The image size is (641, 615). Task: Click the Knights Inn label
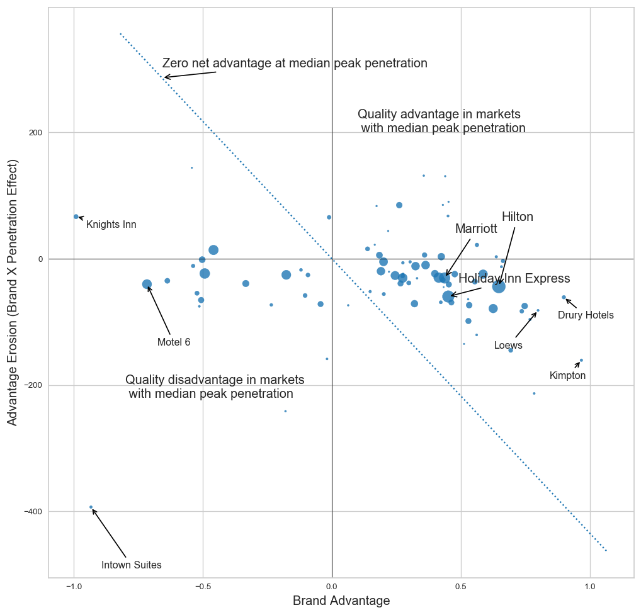(111, 225)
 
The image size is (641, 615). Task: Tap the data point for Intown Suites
(91, 507)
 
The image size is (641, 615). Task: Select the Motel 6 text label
(174, 342)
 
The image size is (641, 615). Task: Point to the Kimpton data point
(581, 361)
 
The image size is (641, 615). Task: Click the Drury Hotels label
(586, 315)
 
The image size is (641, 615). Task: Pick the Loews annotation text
(508, 346)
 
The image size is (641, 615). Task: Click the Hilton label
(518, 217)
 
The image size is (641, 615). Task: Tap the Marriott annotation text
(476, 229)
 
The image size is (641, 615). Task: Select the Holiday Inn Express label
(514, 279)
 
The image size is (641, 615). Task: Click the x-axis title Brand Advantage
(341, 601)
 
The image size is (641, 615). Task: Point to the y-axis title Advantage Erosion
(13, 292)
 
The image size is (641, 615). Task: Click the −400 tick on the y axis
(33, 512)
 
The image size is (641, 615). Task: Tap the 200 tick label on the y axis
(37, 133)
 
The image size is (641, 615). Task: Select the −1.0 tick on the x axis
(74, 587)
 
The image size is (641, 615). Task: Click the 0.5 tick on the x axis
(461, 587)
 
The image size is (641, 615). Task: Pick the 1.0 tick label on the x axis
(590, 587)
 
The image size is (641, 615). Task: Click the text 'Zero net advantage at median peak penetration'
(295, 64)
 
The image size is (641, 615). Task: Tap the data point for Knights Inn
(76, 217)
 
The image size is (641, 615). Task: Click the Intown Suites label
(132, 565)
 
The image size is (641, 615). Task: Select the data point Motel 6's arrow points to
(147, 285)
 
